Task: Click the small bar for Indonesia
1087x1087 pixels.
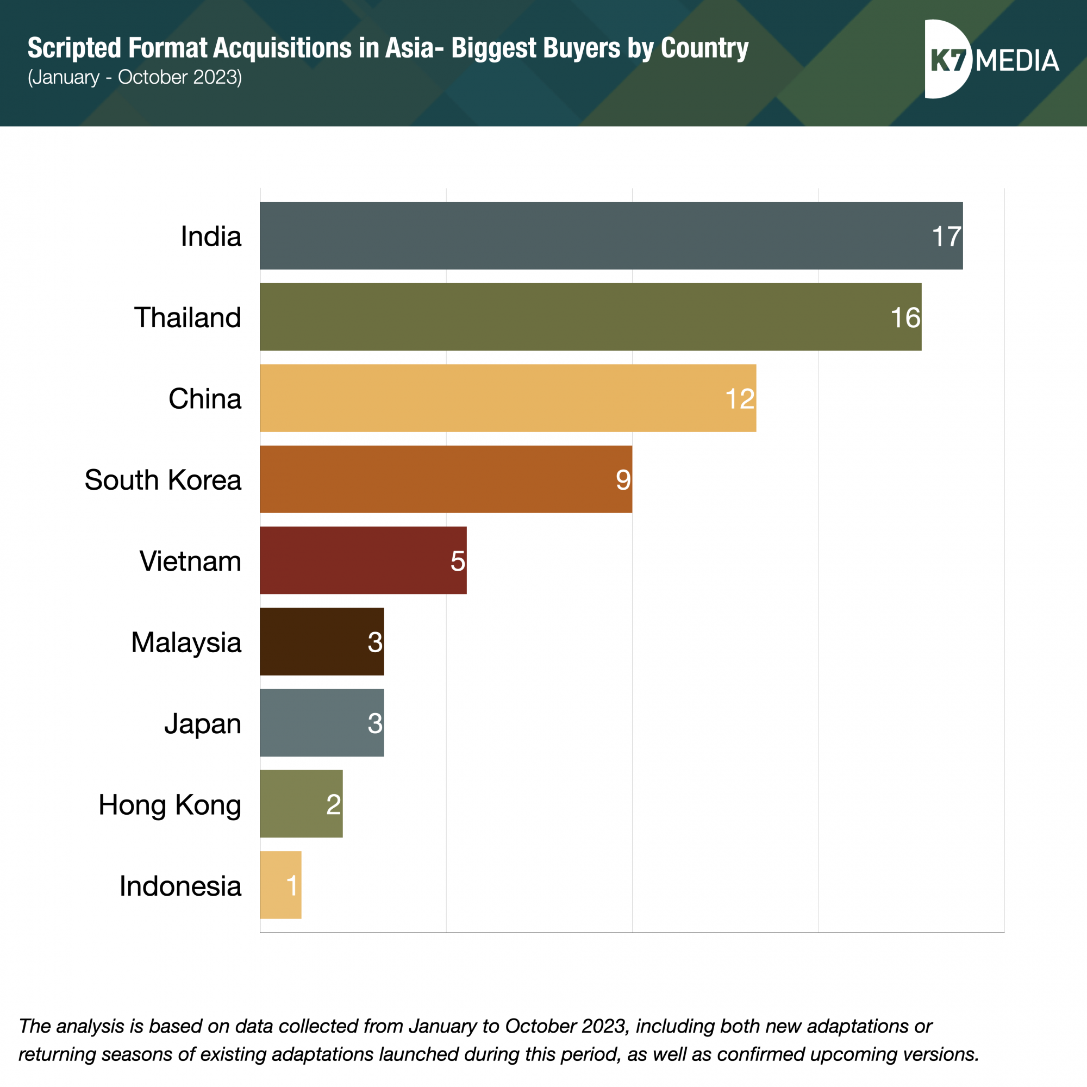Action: pyautogui.click(x=280, y=885)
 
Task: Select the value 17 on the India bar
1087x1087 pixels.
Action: pyautogui.click(x=946, y=236)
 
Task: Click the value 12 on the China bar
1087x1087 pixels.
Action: pyautogui.click(x=740, y=399)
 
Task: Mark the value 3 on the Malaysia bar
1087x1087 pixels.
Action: pyautogui.click(x=375, y=642)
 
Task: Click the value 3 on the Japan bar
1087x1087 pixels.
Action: pyautogui.click(x=375, y=723)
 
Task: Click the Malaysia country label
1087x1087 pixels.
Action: pyautogui.click(x=186, y=642)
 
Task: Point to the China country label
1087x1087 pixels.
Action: pyautogui.click(x=205, y=399)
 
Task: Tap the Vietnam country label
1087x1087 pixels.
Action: pyautogui.click(x=190, y=561)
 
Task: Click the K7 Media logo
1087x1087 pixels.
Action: pyautogui.click(x=991, y=60)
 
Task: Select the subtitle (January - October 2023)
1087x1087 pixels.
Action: pyautogui.click(x=135, y=77)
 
